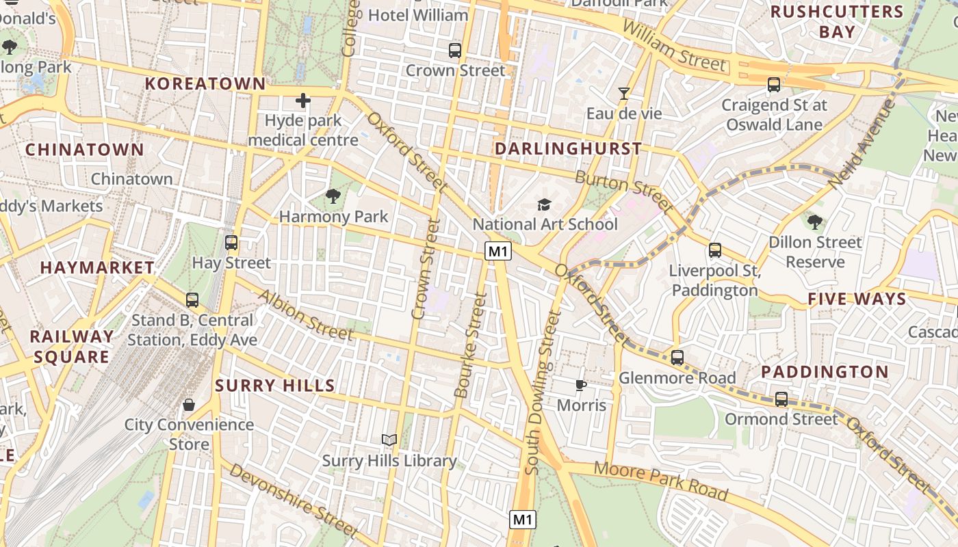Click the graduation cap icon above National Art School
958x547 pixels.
(544, 204)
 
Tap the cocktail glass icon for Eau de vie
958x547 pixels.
(623, 94)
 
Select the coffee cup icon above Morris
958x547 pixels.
(580, 386)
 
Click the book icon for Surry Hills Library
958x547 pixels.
(389, 440)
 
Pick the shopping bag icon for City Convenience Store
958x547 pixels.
(189, 405)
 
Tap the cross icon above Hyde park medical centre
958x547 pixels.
(302, 101)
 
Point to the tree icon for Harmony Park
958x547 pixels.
(333, 197)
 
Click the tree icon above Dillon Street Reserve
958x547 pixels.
(814, 222)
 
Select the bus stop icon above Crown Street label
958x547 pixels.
(455, 50)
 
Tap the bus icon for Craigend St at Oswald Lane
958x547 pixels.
(774, 85)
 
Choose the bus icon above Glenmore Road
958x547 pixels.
(677, 358)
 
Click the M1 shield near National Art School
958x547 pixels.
(498, 252)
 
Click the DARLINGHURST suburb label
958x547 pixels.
(568, 148)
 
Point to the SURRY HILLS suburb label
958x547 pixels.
(275, 386)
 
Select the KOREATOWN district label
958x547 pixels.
(205, 83)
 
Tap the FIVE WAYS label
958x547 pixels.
(857, 299)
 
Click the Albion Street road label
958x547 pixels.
(305, 315)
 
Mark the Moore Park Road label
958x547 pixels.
(660, 481)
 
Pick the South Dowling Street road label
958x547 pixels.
(542, 393)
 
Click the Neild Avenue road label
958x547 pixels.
(862, 144)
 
